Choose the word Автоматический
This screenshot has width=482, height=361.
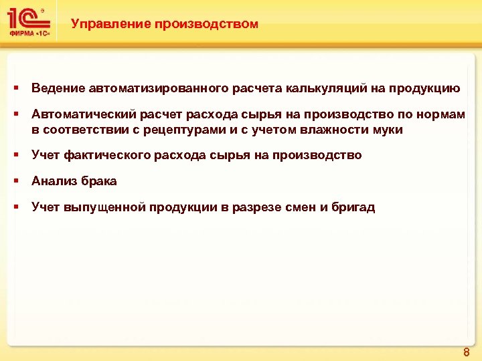[84, 115]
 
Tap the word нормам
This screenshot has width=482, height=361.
[443, 115]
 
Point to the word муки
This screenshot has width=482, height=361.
[388, 130]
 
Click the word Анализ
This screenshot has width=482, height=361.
[52, 181]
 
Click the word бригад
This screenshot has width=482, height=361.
[353, 207]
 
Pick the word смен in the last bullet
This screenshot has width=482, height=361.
[297, 207]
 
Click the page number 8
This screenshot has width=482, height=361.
[466, 350]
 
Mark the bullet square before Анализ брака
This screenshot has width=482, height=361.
[15, 181]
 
